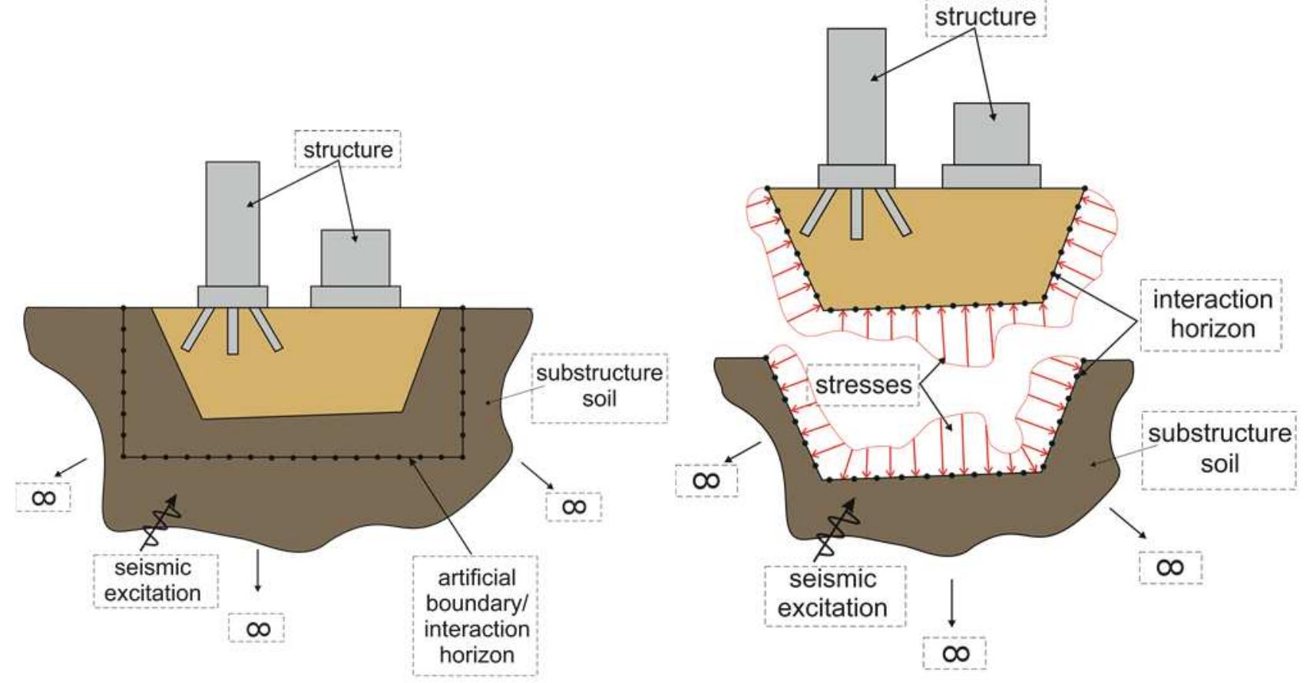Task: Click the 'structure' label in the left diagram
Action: pyautogui.click(x=348, y=149)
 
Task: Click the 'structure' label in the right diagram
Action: pyautogui.click(x=985, y=16)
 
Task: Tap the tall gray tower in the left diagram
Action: pyautogui.click(x=233, y=223)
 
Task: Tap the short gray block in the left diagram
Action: pyautogui.click(x=355, y=258)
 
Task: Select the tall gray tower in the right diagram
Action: pyautogui.click(x=856, y=96)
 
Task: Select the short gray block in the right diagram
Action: pyautogui.click(x=991, y=134)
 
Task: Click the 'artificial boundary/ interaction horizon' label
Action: pyautogui.click(x=475, y=615)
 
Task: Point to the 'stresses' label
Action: pyautogui.click(x=864, y=384)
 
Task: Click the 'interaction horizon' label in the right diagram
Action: pyautogui.click(x=1212, y=314)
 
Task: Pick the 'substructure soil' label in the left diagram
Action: pyautogui.click(x=599, y=386)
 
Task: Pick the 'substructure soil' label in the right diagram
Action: pyautogui.click(x=1219, y=448)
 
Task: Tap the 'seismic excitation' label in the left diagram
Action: pyautogui.click(x=153, y=580)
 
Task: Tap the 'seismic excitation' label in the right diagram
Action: pyautogui.click(x=833, y=594)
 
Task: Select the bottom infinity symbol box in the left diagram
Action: pyautogui.click(x=257, y=629)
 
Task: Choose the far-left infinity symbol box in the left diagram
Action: pyautogui.click(x=44, y=497)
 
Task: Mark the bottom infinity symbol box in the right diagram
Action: pyautogui.click(x=954, y=653)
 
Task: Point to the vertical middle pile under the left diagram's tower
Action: pyautogui.click(x=233, y=332)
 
